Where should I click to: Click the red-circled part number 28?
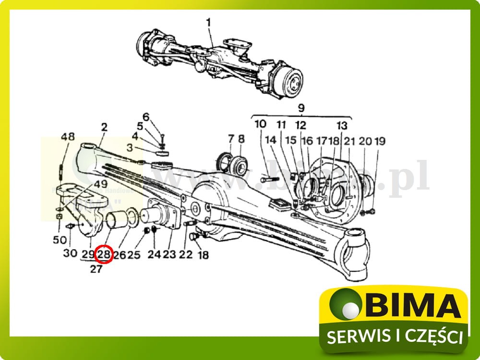104,254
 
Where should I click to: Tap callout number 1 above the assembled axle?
208,22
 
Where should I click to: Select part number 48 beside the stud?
68,137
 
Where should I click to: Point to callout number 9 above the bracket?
301,108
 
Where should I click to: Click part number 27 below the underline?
96,269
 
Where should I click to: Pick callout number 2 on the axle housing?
104,128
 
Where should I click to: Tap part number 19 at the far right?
380,141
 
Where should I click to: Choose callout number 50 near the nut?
60,240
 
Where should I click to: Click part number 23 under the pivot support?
169,255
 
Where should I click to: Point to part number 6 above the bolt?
146,117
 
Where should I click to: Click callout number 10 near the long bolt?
260,124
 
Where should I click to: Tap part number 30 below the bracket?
70,253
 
